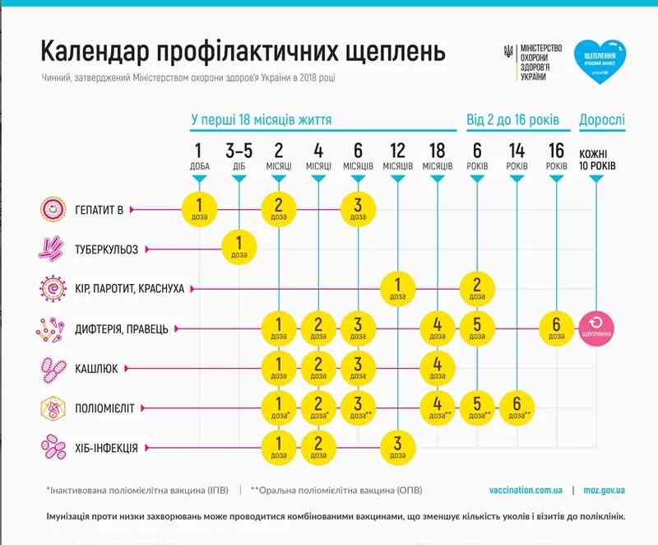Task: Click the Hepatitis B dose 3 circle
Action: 358,209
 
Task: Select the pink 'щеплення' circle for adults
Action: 596,328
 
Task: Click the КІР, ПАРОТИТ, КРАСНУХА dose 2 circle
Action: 477,288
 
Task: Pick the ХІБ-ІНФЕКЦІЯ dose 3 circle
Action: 398,448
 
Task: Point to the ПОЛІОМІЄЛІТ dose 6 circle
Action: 517,408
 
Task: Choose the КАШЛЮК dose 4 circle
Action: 438,368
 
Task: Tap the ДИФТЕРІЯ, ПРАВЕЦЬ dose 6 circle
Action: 557,328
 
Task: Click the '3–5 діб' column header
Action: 239,156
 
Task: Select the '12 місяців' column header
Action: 398,156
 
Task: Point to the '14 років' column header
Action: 517,156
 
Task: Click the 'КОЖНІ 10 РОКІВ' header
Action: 597,159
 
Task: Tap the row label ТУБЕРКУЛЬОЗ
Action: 107,248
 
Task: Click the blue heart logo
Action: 600,58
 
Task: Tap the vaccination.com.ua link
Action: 525,490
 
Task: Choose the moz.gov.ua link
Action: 605,490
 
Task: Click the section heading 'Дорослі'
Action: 601,120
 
